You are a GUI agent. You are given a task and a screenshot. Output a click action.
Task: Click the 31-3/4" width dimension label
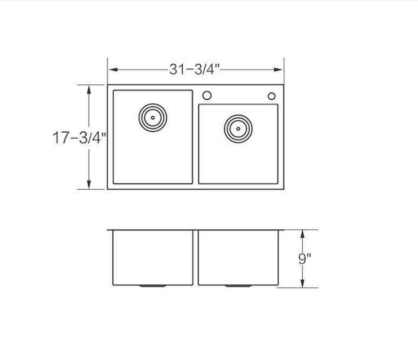tap(195, 69)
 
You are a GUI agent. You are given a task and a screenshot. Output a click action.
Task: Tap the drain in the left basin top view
tap(152, 116)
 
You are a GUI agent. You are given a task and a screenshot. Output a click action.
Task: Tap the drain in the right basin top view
tap(238, 128)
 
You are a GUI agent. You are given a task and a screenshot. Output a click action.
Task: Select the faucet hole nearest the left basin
tap(207, 96)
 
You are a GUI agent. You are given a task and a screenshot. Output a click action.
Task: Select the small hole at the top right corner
tap(271, 96)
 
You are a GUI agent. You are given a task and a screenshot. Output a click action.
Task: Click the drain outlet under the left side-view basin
tap(152, 285)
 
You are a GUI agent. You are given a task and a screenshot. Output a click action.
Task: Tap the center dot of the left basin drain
tap(152, 116)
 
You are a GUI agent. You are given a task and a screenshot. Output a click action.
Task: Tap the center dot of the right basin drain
tap(238, 128)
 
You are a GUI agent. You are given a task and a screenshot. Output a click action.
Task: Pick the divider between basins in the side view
tap(196, 257)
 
